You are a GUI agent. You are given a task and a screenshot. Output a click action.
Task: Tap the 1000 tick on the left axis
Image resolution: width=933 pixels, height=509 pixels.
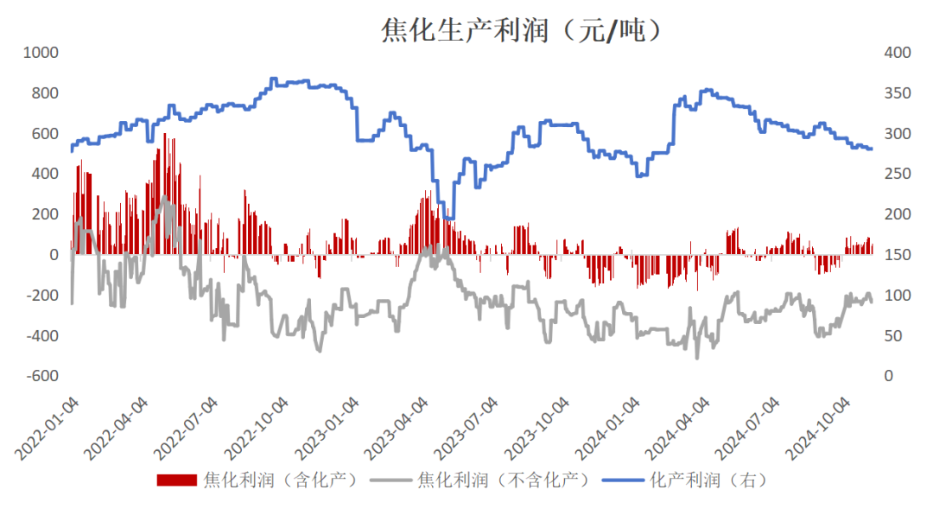coord(41,53)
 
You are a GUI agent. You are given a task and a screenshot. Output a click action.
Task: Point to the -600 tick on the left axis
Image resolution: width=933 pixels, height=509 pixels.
coord(41,376)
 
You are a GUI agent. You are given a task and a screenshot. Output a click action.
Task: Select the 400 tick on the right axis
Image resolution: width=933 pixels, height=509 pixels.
coord(898,53)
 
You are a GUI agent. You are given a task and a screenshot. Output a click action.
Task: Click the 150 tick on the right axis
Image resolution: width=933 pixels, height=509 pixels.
coord(898,255)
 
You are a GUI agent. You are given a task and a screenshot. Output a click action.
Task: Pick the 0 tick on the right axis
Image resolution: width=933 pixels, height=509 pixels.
coord(890,376)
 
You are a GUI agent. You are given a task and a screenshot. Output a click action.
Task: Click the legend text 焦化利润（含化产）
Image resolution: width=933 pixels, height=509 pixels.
coord(281,480)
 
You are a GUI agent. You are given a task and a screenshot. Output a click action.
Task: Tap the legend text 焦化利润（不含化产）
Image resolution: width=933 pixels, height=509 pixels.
coord(503,480)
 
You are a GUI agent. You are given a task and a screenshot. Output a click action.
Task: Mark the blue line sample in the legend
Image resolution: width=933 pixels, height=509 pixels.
coord(624,480)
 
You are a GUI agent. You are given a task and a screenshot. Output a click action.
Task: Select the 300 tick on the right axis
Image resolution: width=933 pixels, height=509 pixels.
coord(898,134)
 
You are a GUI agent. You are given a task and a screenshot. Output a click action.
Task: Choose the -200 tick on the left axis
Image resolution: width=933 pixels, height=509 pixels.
coord(41,296)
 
